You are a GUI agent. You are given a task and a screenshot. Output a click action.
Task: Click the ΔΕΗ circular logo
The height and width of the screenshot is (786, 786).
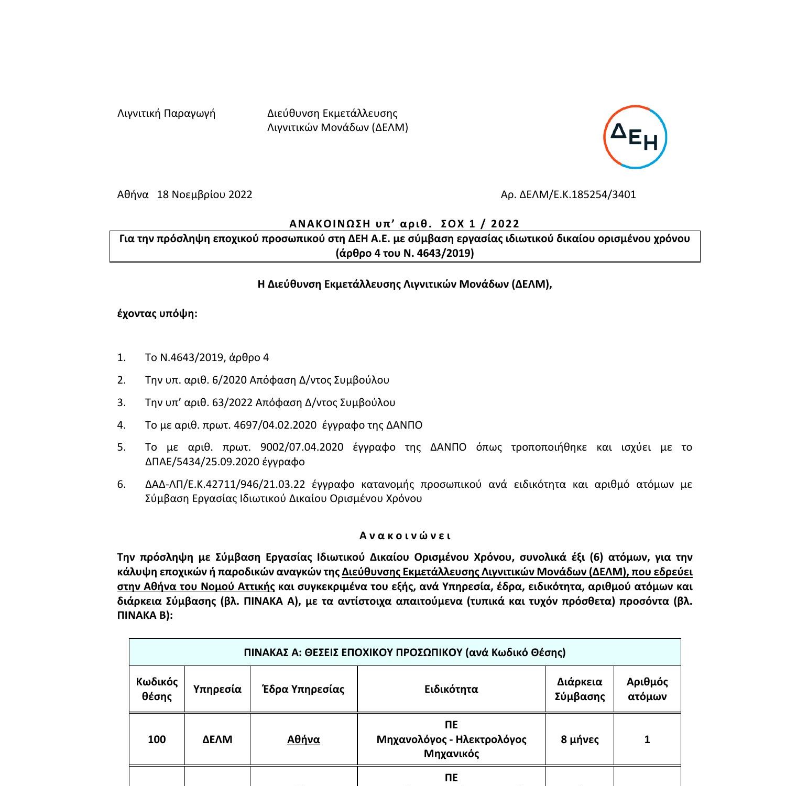[x=635, y=137]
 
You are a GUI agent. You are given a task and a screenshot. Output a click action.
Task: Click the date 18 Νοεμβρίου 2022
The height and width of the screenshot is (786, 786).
[x=204, y=194]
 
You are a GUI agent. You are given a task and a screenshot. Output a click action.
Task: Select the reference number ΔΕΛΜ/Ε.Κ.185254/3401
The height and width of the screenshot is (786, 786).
[x=577, y=194]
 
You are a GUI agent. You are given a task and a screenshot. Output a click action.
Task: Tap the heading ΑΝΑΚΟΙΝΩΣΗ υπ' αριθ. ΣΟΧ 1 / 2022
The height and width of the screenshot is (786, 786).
[x=405, y=224]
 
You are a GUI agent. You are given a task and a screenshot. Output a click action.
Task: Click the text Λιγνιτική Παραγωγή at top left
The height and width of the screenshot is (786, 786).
[x=166, y=113]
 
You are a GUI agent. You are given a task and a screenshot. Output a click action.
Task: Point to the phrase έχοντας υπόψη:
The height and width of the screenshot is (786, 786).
[x=157, y=313]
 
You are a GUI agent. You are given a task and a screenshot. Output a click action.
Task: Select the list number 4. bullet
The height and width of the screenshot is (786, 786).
[x=122, y=425]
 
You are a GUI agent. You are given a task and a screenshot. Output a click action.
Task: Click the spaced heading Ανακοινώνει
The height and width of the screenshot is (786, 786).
[x=405, y=536]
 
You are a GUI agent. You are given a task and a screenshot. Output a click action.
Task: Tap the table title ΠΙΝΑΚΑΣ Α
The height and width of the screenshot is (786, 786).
[x=405, y=652]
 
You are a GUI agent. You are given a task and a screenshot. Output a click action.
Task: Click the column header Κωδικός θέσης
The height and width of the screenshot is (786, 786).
[x=157, y=689]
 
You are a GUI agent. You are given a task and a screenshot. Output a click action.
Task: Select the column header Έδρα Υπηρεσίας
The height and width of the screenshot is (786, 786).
[x=303, y=689]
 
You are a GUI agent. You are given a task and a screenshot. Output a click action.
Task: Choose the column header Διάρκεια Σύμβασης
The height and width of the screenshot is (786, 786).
[x=580, y=689]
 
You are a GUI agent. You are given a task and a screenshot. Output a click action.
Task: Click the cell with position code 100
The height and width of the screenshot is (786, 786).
[x=157, y=739]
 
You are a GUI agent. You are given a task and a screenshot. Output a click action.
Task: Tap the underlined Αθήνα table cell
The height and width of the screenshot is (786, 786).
[x=303, y=739]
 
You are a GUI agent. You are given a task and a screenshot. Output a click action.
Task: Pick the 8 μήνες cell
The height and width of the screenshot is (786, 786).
[x=580, y=739]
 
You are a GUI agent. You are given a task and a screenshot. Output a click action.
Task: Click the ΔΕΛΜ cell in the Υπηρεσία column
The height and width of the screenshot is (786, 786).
[x=217, y=739]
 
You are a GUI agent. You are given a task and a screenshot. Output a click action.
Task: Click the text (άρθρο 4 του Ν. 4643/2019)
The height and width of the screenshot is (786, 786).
[x=405, y=254]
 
